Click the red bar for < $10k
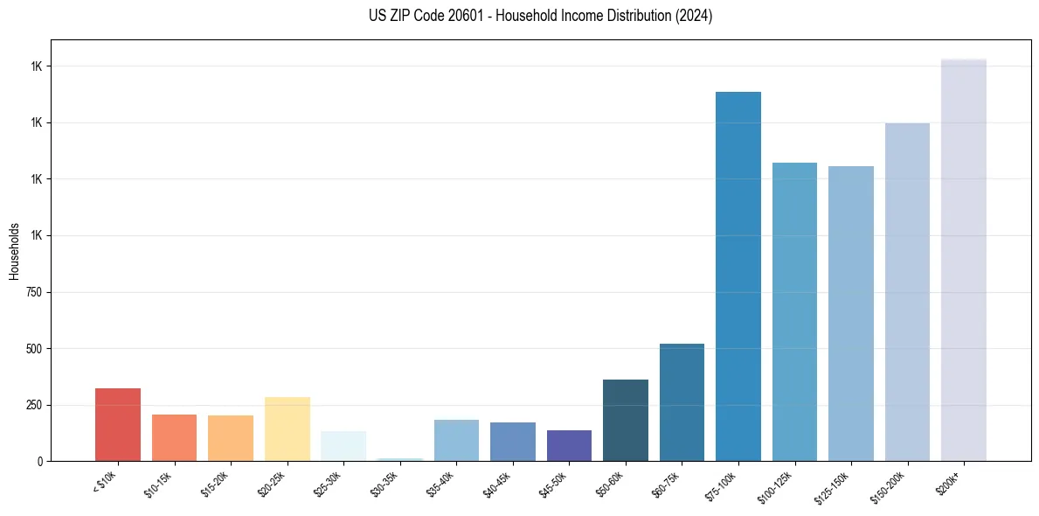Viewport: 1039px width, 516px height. [118, 424]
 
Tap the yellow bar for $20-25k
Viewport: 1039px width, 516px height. [287, 429]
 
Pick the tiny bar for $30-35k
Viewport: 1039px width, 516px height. [400, 459]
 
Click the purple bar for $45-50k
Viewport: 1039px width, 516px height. [569, 445]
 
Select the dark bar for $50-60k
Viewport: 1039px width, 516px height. [626, 420]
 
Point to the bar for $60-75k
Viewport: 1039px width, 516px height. [682, 402]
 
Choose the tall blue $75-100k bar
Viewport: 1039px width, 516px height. [738, 276]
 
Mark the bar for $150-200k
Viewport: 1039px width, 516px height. [907, 292]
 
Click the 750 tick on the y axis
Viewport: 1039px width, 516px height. [34, 292]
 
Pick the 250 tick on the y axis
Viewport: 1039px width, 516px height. [34, 405]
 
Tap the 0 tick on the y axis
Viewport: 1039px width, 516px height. [40, 461]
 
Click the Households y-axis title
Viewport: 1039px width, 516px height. [14, 250]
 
